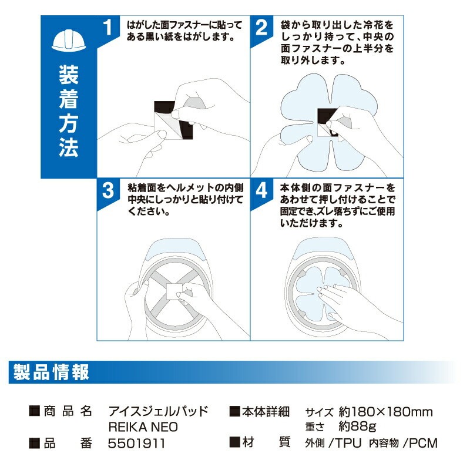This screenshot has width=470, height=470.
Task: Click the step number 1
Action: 108,27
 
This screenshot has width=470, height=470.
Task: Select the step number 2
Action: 261,28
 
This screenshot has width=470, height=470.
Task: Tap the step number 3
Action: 108,190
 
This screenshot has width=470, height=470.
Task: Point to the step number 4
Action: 261,190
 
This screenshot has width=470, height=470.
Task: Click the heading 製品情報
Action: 51,372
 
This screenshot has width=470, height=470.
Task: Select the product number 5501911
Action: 136,444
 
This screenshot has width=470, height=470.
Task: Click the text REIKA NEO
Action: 143,427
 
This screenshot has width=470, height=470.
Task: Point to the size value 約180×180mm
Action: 386,412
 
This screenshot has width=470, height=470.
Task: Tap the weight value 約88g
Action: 357,427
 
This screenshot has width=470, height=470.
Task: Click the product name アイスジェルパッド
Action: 158,411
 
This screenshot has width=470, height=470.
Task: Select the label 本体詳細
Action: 266,412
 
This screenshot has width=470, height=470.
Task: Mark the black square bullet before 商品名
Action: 35,411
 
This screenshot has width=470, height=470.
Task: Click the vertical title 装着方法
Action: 69,111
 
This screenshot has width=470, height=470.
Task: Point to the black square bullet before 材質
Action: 234,442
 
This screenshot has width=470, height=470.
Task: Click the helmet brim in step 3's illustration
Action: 174,248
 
